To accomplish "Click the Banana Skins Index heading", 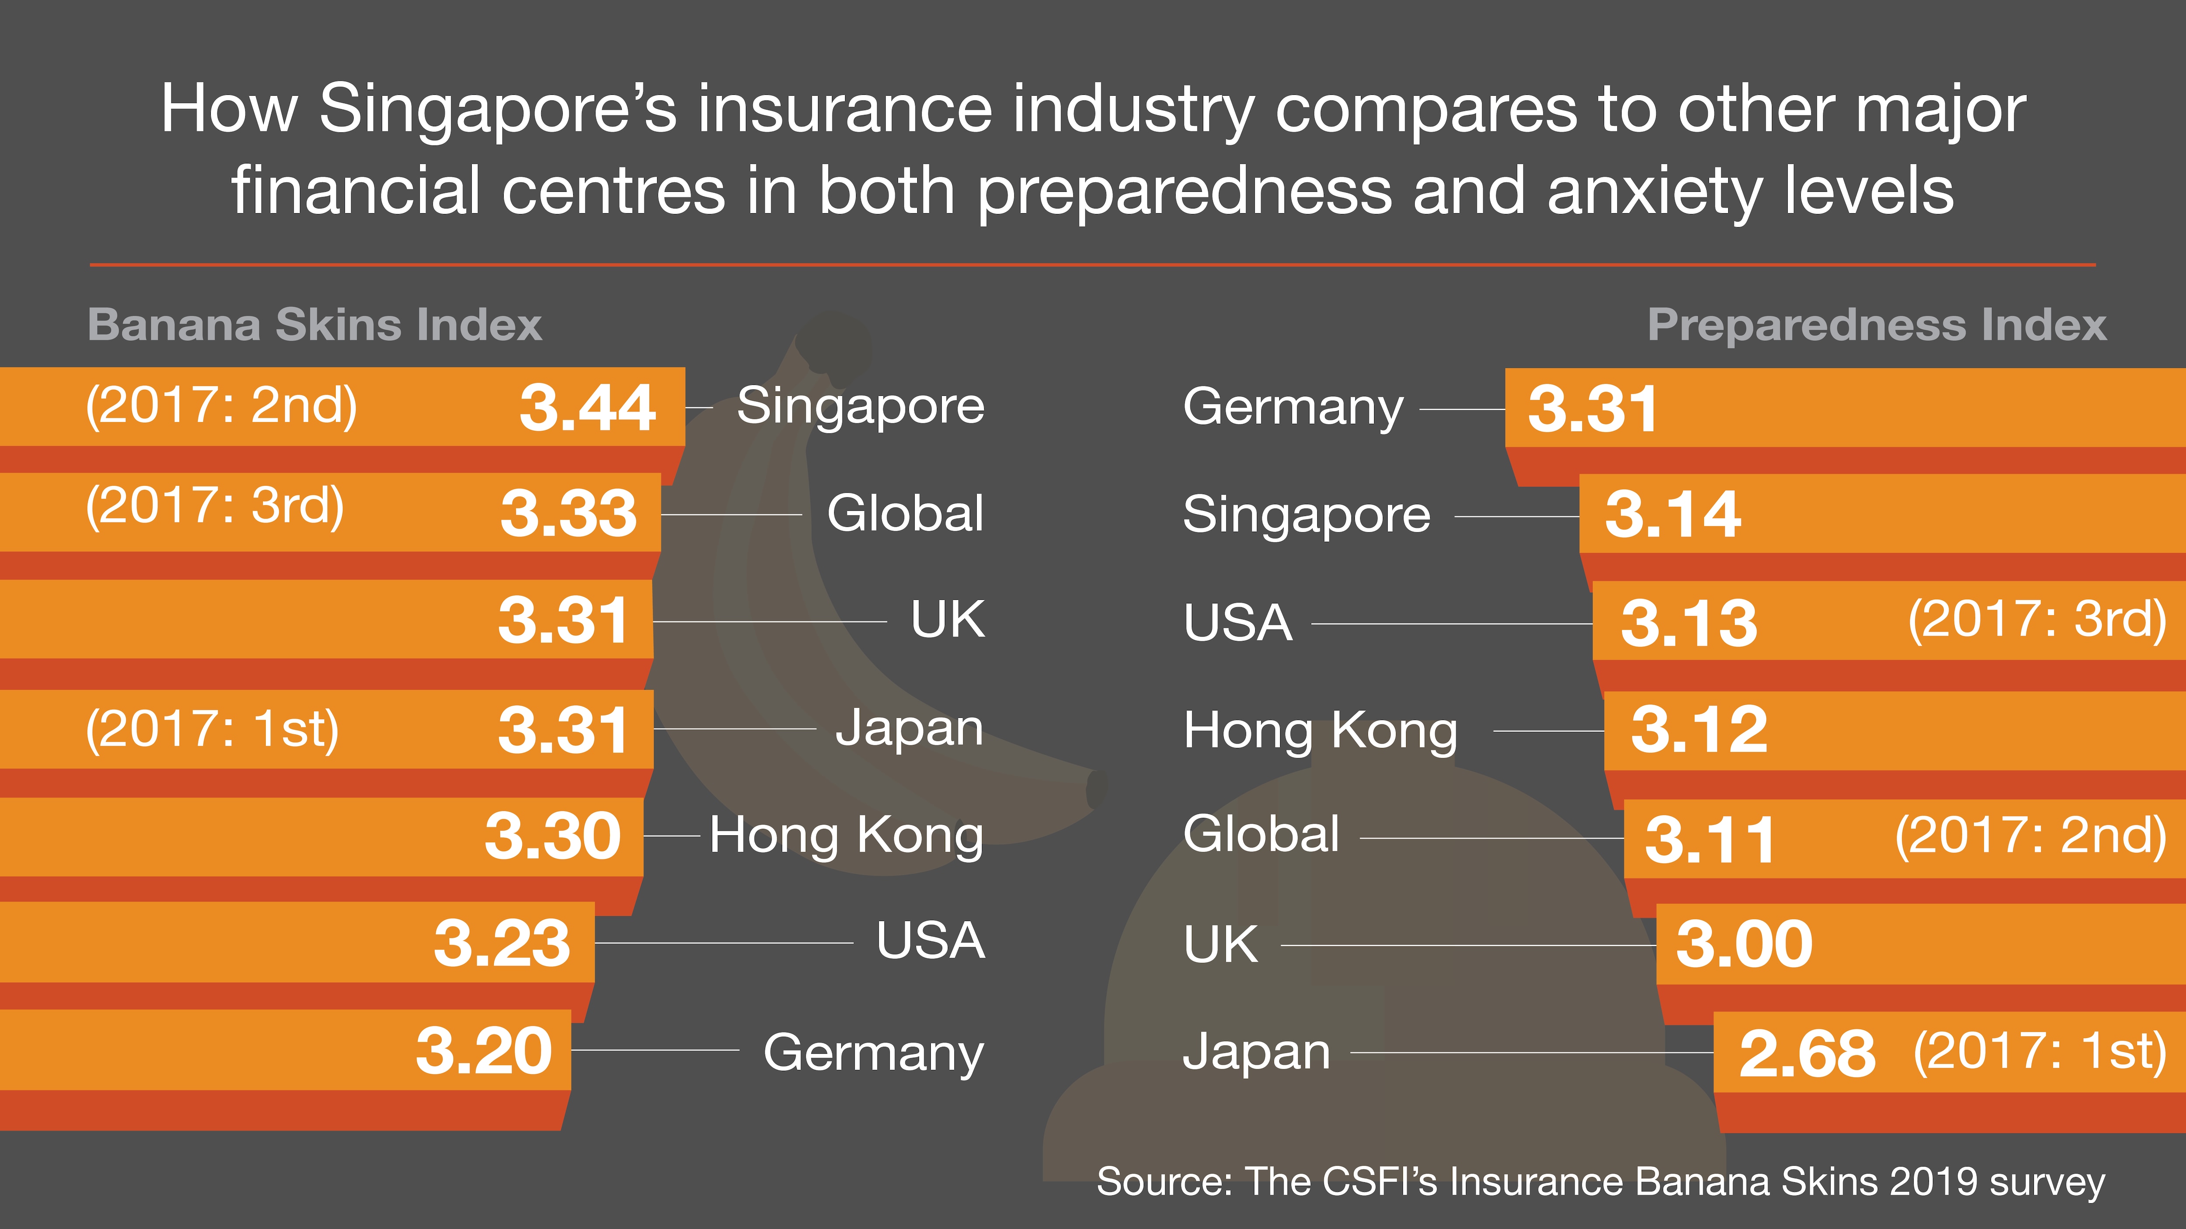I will [314, 325].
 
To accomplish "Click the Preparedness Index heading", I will [1876, 325].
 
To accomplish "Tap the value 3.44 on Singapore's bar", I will [587, 408].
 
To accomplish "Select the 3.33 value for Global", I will [568, 513].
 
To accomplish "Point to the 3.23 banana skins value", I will [501, 943].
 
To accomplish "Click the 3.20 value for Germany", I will [484, 1051].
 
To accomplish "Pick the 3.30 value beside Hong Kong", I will [553, 836].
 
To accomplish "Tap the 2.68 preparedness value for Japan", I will [1807, 1054].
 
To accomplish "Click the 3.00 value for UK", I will [1744, 944].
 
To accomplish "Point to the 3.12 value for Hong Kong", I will [1699, 730].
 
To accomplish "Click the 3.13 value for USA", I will [1689, 623].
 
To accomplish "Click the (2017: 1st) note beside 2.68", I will [2039, 1052].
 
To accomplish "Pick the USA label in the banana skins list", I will [930, 941].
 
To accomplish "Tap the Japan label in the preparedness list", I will [1256, 1052].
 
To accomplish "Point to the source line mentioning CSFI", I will [1601, 1181].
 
